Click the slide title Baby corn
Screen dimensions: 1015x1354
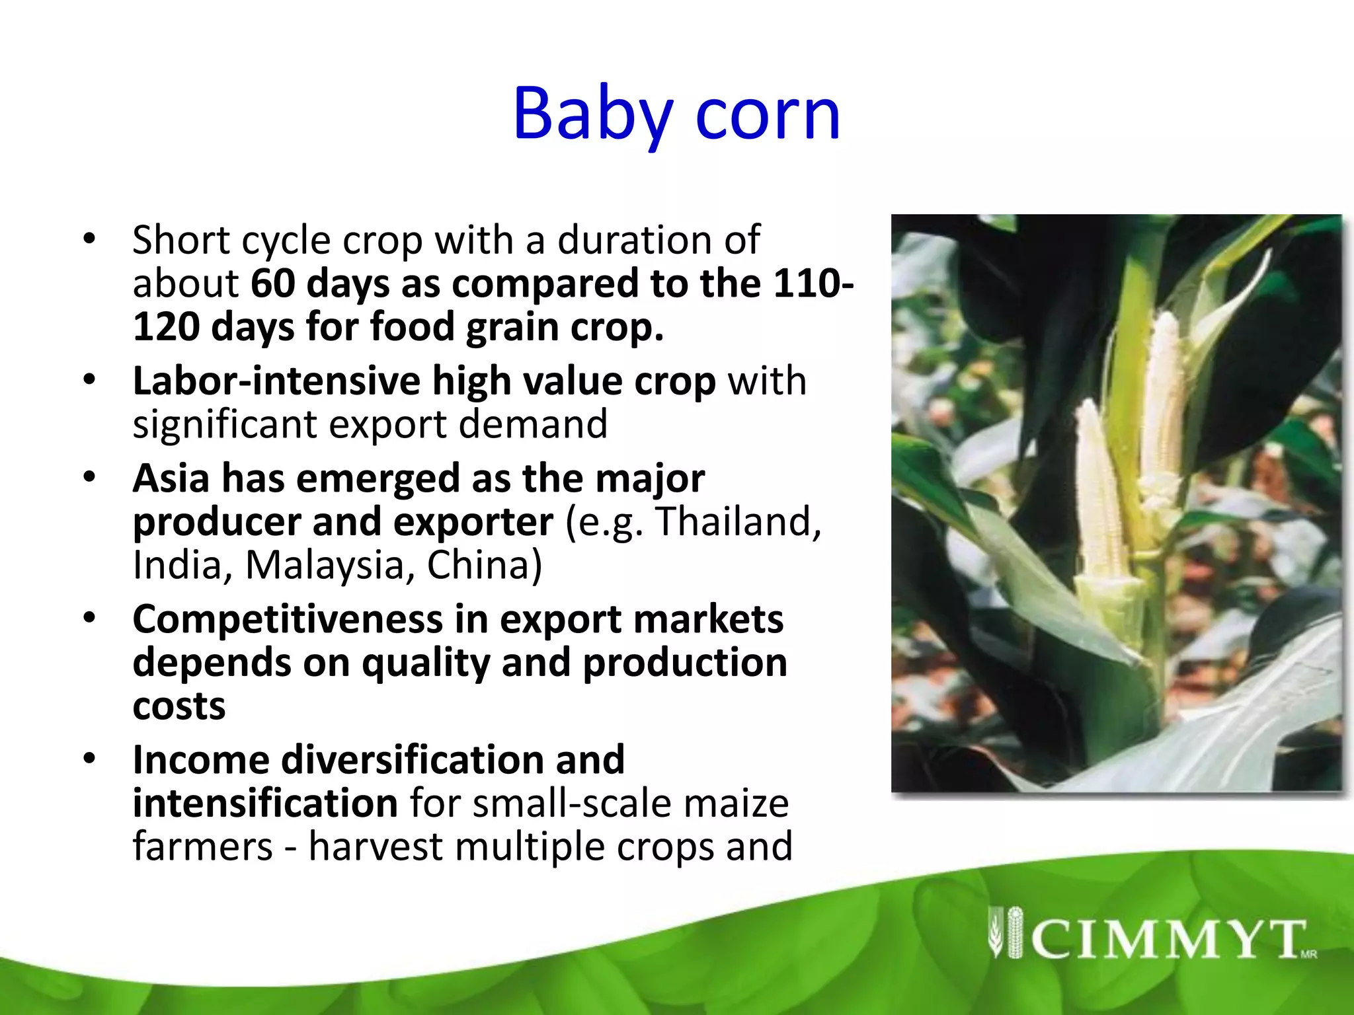click(x=676, y=114)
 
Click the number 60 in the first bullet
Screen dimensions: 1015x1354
click(x=273, y=283)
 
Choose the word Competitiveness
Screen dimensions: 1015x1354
click(x=287, y=620)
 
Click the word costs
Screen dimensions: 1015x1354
click(x=179, y=707)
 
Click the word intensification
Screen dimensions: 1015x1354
click(x=264, y=804)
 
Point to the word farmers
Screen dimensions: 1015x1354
click(x=202, y=847)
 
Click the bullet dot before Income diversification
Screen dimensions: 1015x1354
click(x=89, y=758)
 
